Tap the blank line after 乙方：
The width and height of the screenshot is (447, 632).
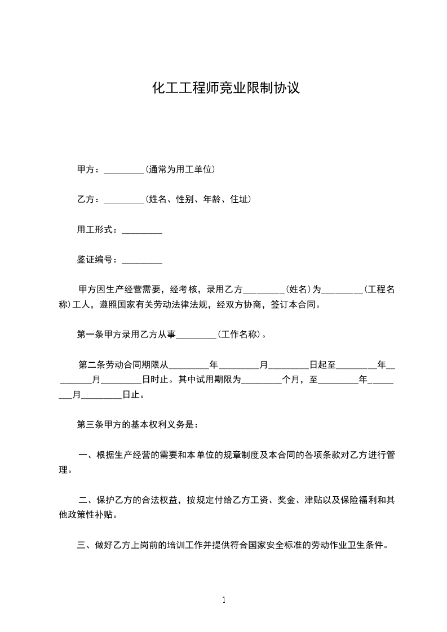click(125, 199)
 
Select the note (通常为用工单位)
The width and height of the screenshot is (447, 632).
click(180, 169)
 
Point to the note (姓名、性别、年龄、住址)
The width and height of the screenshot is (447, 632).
click(198, 199)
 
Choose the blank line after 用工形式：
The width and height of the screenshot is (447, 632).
click(142, 230)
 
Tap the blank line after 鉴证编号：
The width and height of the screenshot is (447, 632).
click(142, 260)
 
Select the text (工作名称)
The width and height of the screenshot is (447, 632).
click(239, 335)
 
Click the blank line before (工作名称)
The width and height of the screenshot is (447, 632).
click(197, 335)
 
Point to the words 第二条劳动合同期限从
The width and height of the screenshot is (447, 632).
click(123, 365)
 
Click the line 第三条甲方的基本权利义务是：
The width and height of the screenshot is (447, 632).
click(137, 425)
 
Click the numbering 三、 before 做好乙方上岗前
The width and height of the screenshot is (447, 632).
click(86, 545)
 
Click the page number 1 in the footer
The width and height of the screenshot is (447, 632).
click(224, 600)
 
